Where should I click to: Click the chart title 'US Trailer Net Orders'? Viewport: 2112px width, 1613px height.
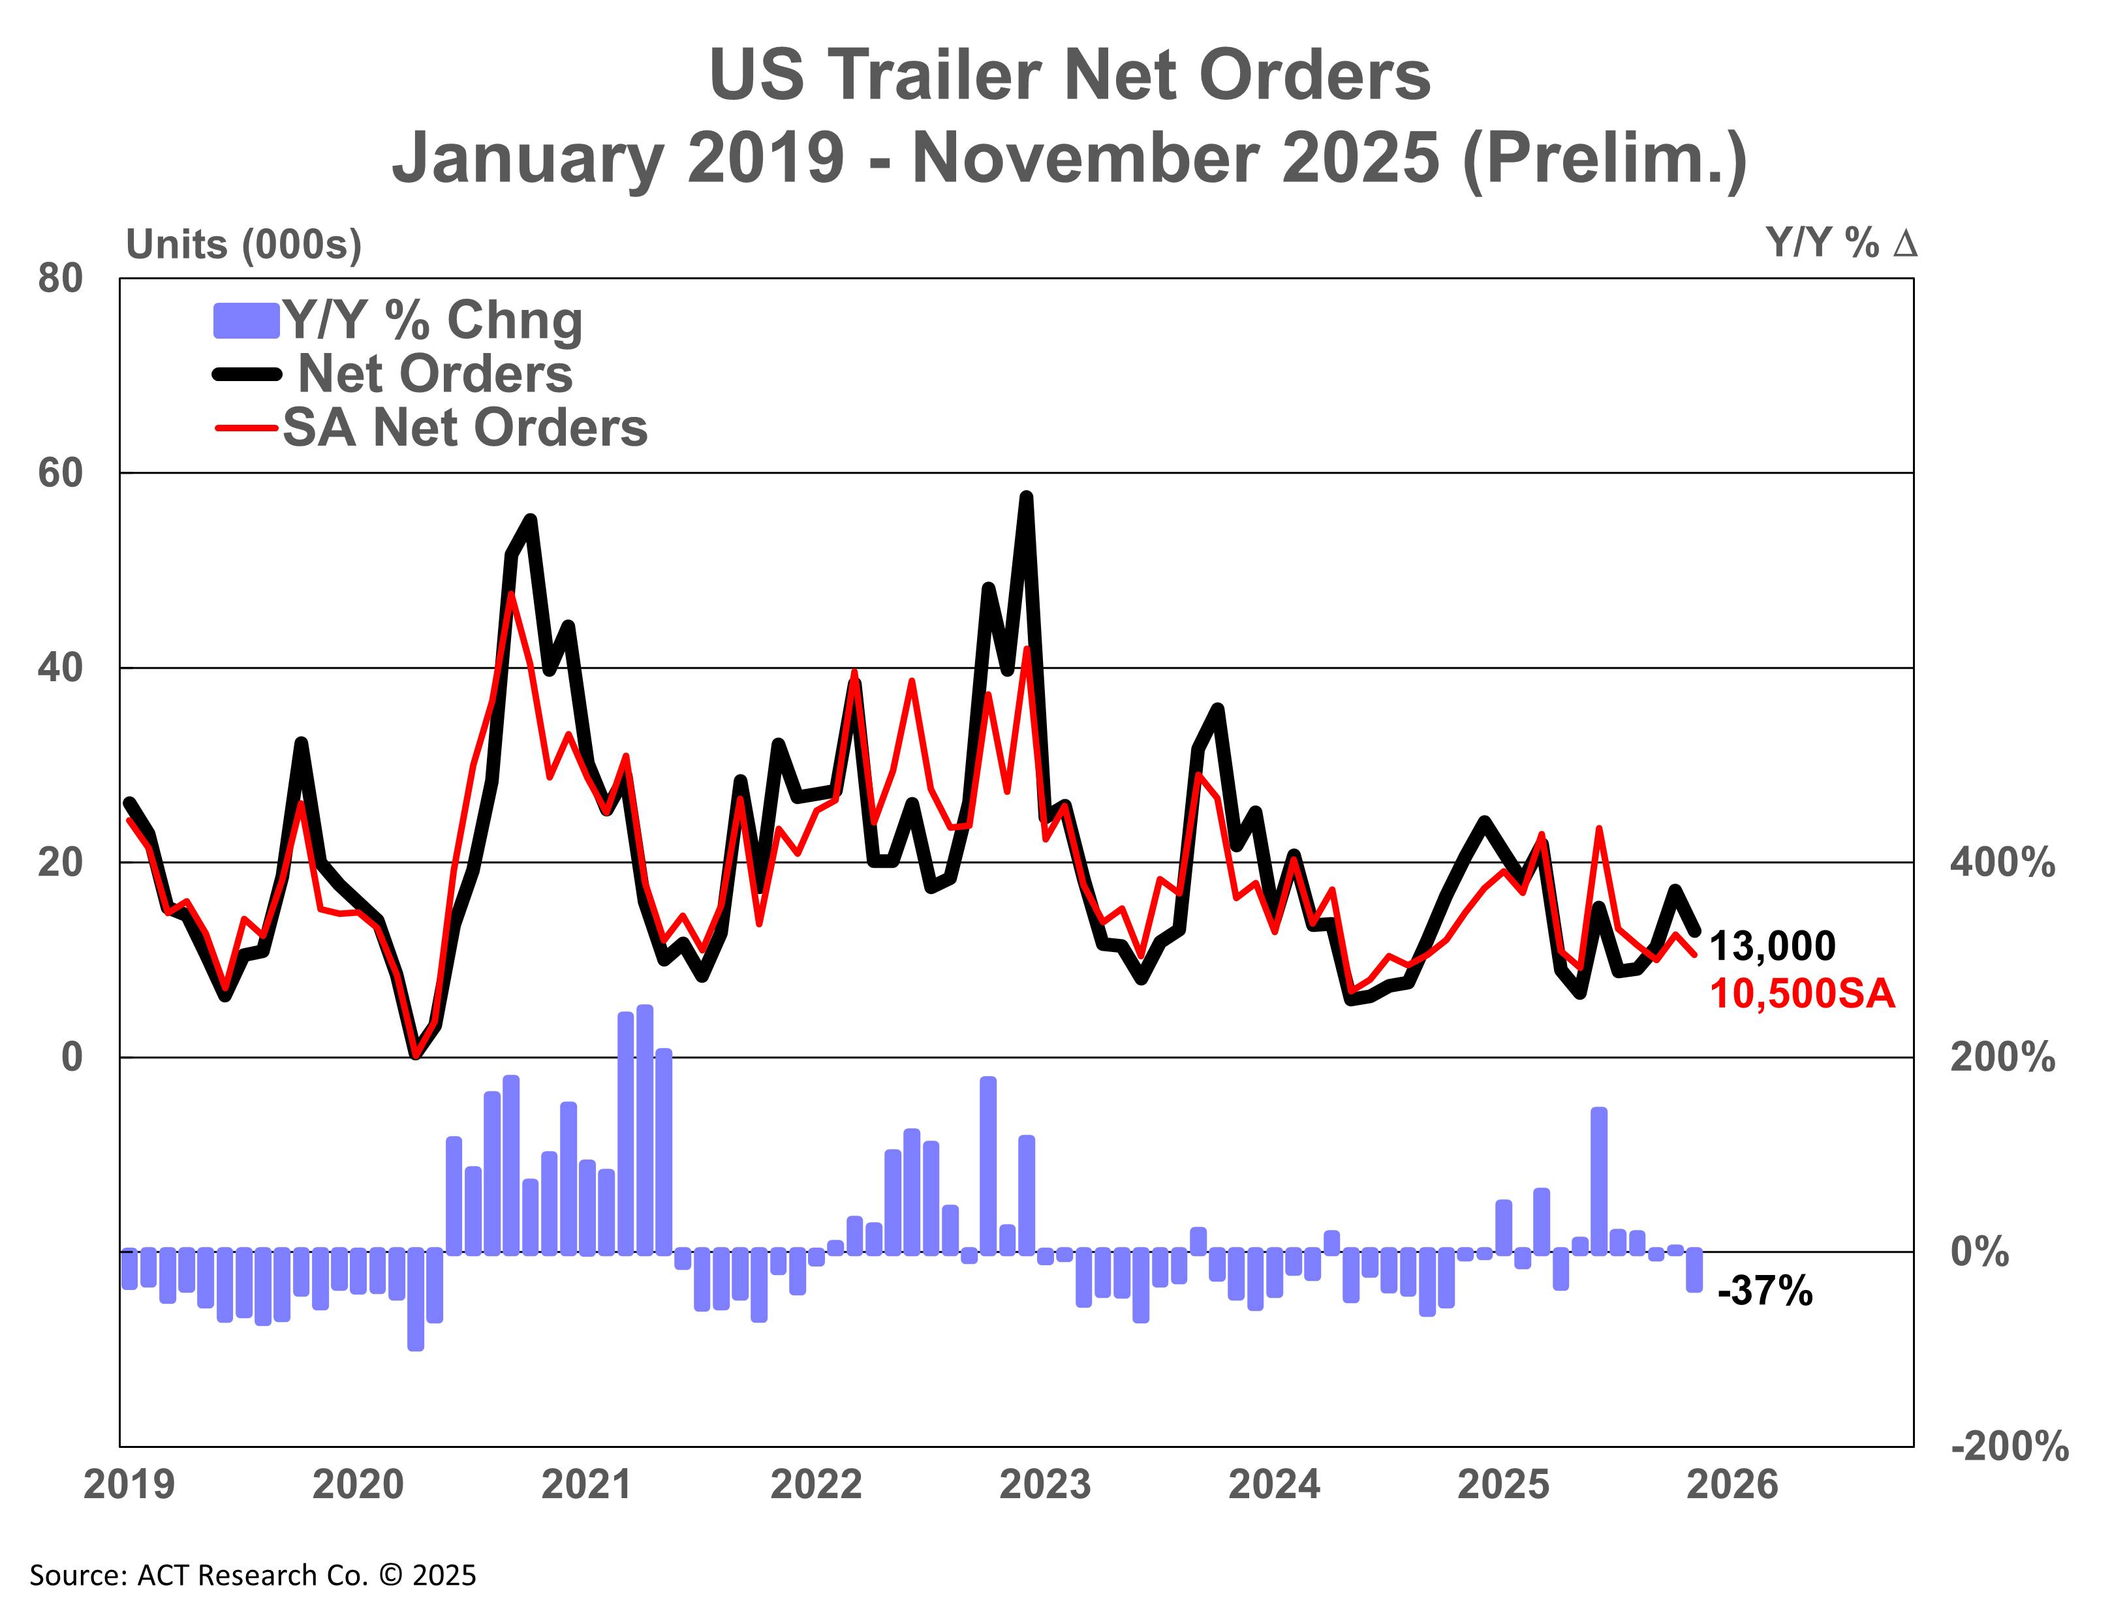(1069, 75)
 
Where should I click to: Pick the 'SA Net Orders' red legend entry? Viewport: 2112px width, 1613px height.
(464, 427)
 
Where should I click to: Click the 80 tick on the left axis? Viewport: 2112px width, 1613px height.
(61, 279)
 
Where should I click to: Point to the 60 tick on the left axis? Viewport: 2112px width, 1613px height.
(61, 473)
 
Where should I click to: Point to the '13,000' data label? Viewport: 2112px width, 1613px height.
(1772, 947)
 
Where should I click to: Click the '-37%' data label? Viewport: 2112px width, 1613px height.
(1764, 1291)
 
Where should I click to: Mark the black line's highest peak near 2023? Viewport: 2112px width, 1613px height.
(1026, 497)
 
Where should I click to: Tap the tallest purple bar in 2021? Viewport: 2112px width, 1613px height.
(644, 1128)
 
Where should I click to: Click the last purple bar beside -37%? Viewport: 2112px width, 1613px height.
(1694, 1269)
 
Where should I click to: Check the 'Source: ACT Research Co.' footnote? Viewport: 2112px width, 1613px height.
(253, 1576)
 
